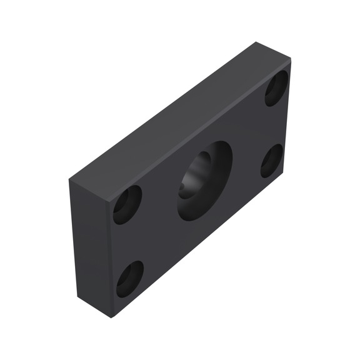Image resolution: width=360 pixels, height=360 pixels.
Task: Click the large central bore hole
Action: coord(204,181)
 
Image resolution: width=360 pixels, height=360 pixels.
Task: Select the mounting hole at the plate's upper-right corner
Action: coord(276,88)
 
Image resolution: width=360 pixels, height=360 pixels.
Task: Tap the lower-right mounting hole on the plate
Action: coord(271,161)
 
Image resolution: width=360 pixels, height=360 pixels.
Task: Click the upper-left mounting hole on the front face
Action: coord(127,204)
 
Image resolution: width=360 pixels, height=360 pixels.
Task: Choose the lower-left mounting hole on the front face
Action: coord(129,278)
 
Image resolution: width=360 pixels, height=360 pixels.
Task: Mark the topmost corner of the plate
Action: coord(256,42)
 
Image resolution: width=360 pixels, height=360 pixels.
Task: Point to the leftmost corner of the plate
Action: coord(69,179)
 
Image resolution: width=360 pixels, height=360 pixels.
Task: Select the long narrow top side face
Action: coord(178,119)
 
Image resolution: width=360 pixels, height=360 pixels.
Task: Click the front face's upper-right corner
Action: coord(290,61)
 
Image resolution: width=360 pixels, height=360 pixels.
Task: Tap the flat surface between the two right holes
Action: coord(274,125)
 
